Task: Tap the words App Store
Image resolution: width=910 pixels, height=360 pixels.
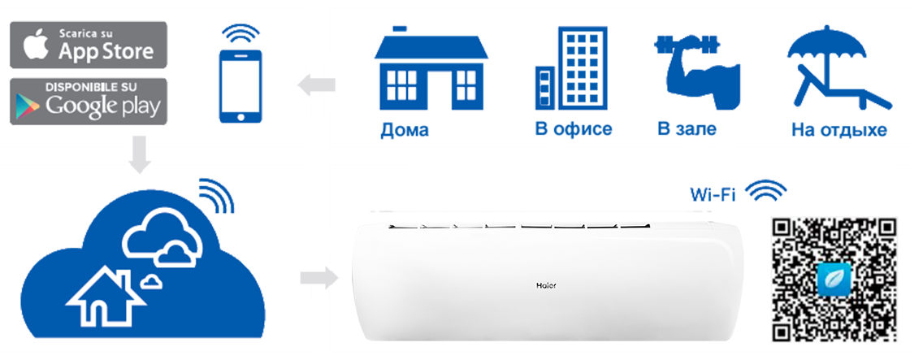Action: [x=106, y=51]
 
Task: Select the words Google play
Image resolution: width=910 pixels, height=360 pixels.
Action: [x=103, y=106]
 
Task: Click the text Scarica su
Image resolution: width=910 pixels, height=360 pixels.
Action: [x=88, y=34]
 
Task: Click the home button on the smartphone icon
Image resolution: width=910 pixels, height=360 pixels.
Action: [x=239, y=116]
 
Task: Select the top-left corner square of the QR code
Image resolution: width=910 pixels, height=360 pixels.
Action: [x=782, y=229]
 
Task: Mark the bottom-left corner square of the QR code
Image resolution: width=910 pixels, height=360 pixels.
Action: [x=782, y=330]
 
